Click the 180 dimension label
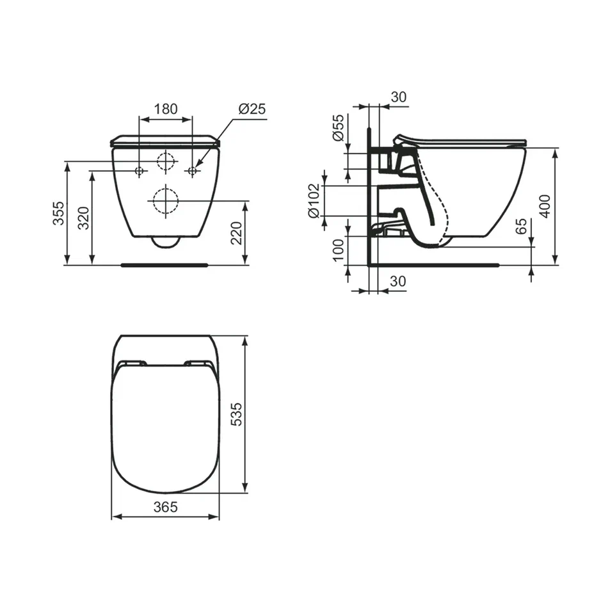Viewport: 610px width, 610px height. tap(166, 109)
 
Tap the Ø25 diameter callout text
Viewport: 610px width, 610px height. tap(252, 109)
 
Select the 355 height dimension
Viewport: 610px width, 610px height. tap(59, 213)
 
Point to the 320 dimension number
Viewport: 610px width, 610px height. tap(84, 218)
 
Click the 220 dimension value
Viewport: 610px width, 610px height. tap(237, 233)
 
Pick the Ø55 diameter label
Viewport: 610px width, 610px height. tap(338, 127)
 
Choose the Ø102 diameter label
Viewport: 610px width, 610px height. tap(314, 201)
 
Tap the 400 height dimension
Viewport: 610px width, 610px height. tap(545, 206)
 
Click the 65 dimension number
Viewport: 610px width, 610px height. tap(521, 227)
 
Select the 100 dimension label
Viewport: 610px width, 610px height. tap(339, 250)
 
